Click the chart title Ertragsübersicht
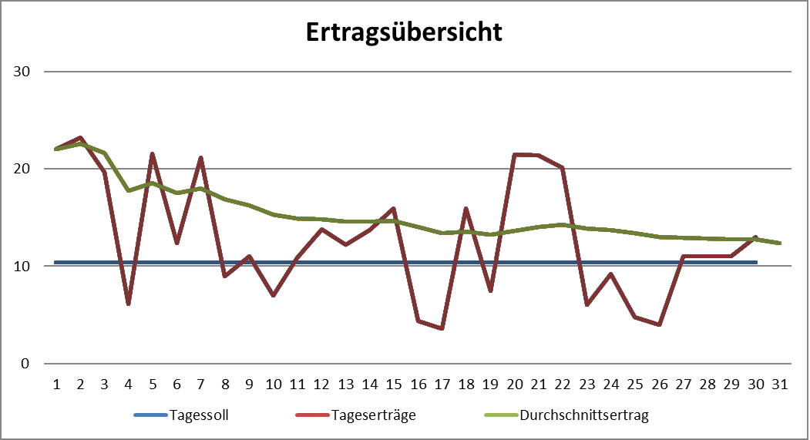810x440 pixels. click(x=404, y=32)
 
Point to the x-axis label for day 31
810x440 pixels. click(x=778, y=382)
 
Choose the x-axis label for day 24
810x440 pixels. click(x=610, y=382)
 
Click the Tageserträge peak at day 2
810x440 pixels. click(x=80, y=138)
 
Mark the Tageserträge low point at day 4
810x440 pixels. click(x=128, y=304)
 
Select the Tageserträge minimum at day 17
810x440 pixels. click(x=441, y=328)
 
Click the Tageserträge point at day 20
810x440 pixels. click(x=513, y=155)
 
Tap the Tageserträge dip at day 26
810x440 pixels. click(x=658, y=324)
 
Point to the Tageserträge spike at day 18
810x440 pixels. click(x=465, y=209)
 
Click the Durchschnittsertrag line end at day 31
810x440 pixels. click(x=778, y=243)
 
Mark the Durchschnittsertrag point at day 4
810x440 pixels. click(x=128, y=190)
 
